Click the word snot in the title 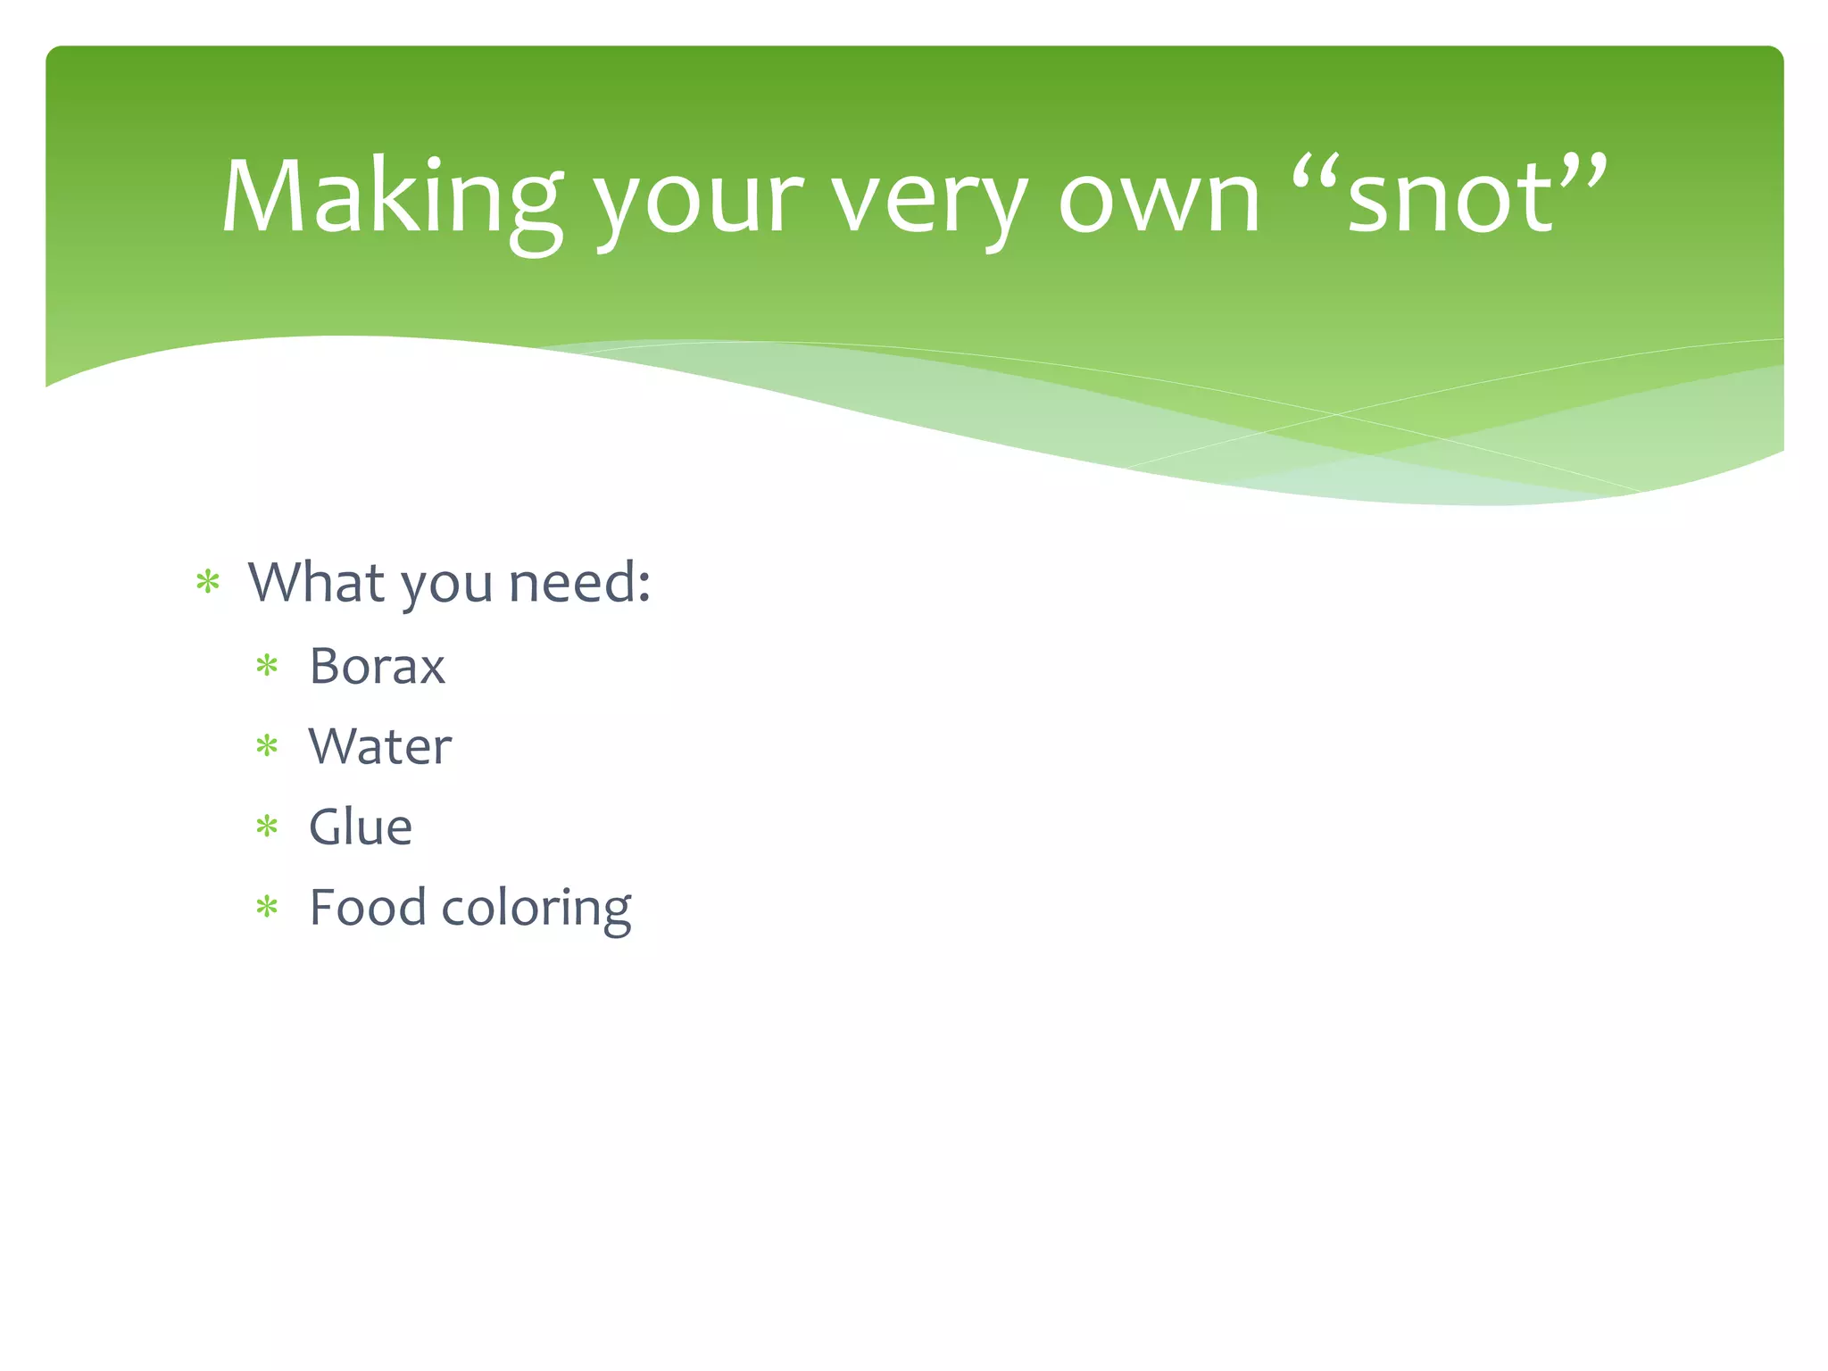coord(1450,201)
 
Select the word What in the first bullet coord(317,583)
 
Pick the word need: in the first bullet coord(578,583)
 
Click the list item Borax coord(377,666)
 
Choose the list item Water coord(380,746)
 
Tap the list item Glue coord(361,827)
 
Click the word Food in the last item coord(368,908)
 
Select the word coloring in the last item coord(536,910)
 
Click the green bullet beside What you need coord(208,584)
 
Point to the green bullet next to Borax coord(267,666)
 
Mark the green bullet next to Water coord(267,746)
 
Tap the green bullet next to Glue coord(267,827)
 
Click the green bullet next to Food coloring coord(267,909)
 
